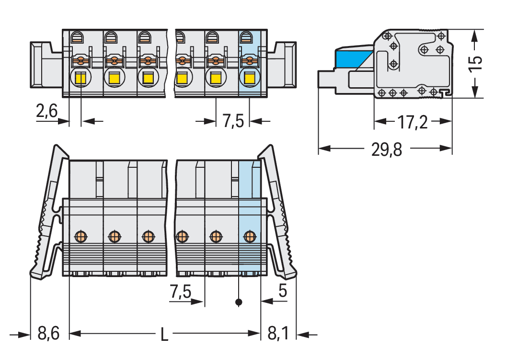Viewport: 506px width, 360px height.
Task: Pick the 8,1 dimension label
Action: [x=278, y=333]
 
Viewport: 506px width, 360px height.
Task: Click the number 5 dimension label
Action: [x=283, y=291]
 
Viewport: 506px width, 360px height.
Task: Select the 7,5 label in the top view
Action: [x=233, y=121]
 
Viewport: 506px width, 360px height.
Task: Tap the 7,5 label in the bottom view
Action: [x=181, y=291]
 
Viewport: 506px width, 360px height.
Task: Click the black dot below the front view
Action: [x=239, y=302]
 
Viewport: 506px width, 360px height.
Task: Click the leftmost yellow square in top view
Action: [x=80, y=78]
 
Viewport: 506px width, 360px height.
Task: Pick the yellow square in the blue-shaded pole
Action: [x=249, y=78]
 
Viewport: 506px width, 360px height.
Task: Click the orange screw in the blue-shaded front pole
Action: [x=249, y=236]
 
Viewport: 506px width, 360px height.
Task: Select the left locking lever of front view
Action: [x=48, y=216]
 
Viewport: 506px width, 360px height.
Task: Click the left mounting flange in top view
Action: [x=46, y=65]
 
